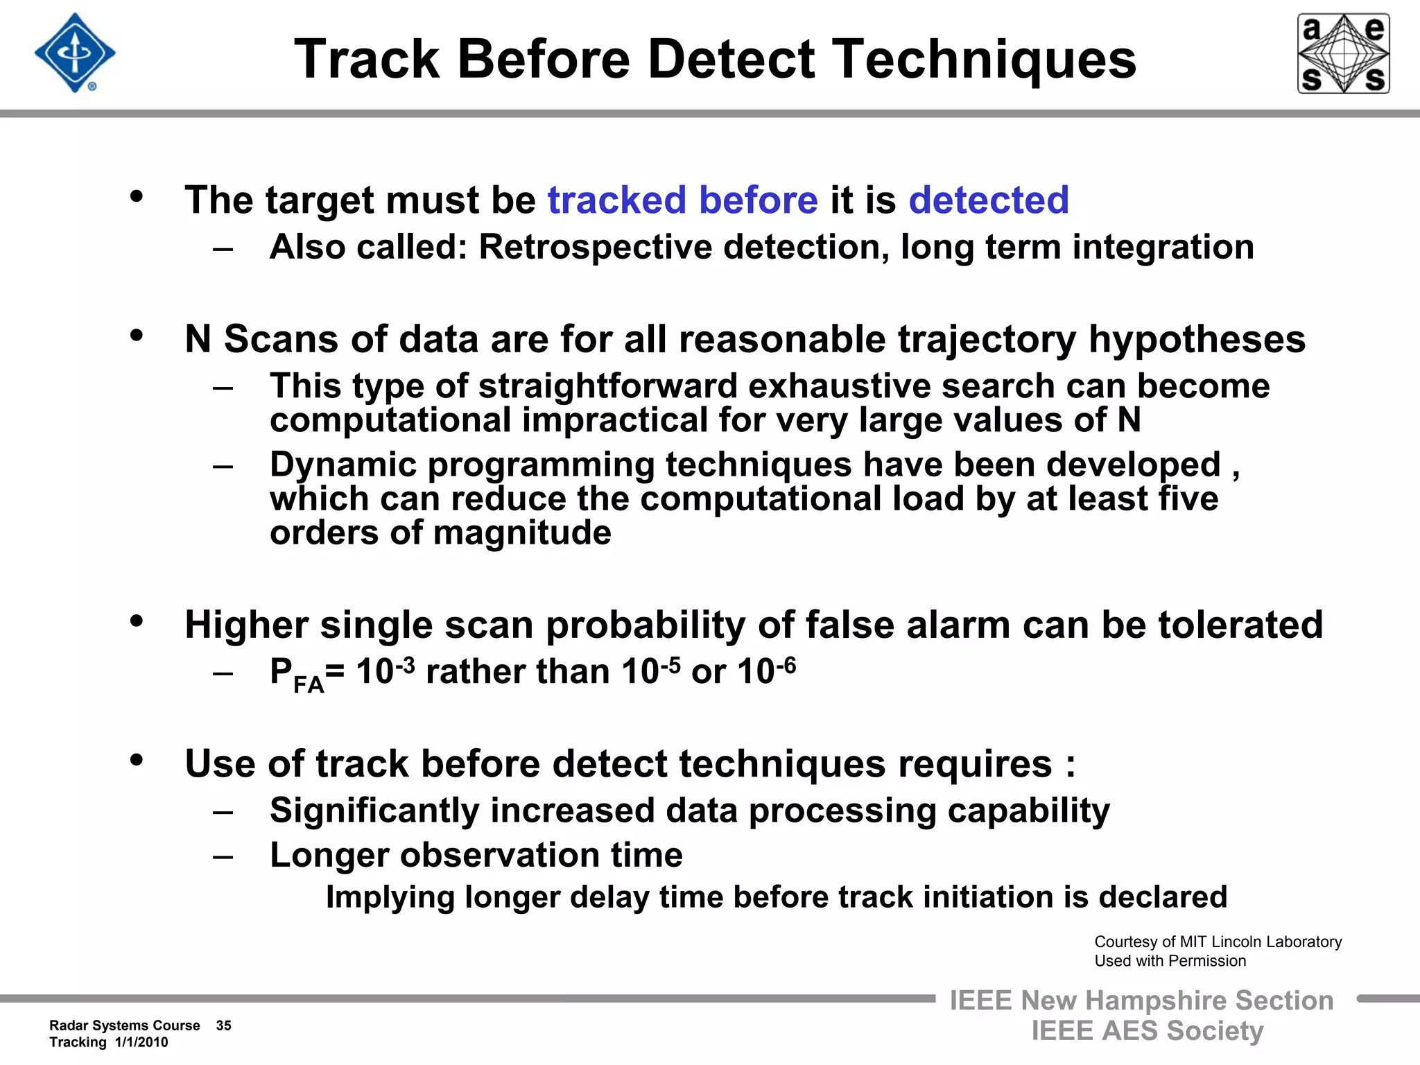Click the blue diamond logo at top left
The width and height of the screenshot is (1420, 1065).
pos(75,53)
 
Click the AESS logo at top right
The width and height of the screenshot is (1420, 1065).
pos(1343,53)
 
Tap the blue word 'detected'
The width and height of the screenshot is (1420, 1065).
pos(989,200)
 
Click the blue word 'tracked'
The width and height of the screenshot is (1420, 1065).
pos(617,200)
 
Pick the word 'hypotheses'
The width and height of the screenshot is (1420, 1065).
pos(1197,340)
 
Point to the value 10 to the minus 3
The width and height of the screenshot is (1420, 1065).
pos(385,671)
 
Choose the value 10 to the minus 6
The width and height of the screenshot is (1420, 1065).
pos(766,671)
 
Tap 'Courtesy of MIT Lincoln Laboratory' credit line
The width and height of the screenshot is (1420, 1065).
pos(1218,942)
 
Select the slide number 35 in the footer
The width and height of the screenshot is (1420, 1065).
pos(223,1025)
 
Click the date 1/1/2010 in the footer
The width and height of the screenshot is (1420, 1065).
pos(141,1043)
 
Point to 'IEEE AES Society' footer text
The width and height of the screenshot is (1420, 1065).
pos(1147,1031)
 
